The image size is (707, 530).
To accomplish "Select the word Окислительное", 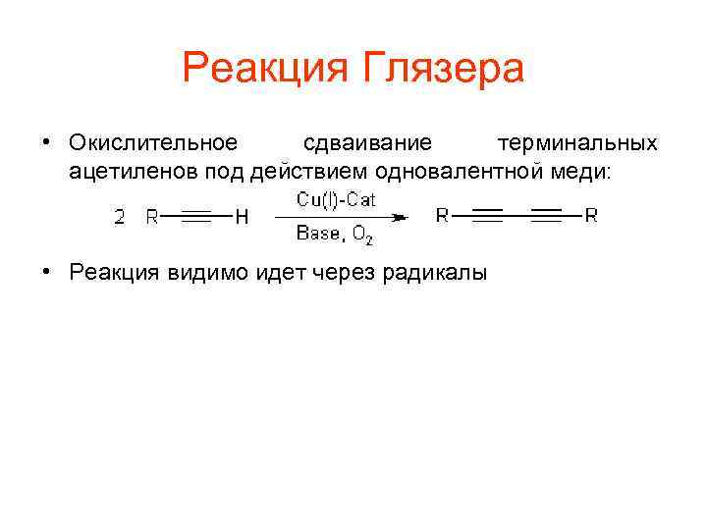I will click(x=153, y=143).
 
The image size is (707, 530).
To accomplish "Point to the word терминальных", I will click(x=576, y=143).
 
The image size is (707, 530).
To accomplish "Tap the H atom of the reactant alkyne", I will click(x=241, y=218).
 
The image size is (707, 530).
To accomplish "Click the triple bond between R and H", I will click(x=196, y=218).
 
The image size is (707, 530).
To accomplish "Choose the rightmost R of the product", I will click(x=591, y=216).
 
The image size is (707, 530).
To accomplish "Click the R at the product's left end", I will click(x=443, y=216).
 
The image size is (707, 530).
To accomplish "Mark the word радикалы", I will click(x=436, y=273).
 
